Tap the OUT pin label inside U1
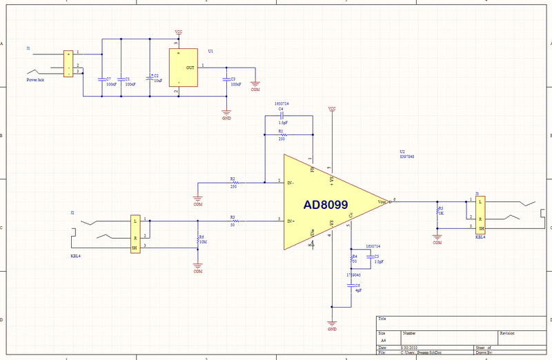click(x=190, y=67)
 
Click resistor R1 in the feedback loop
click(x=281, y=134)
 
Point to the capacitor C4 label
click(x=281, y=109)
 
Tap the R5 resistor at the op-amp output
click(x=437, y=210)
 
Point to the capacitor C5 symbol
click(x=368, y=257)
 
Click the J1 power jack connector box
click(x=68, y=63)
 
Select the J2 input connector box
click(x=135, y=234)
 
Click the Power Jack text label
click(x=36, y=80)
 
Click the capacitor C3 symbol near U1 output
click(x=226, y=79)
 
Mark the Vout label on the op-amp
click(x=382, y=202)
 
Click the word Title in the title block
click(x=382, y=319)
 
